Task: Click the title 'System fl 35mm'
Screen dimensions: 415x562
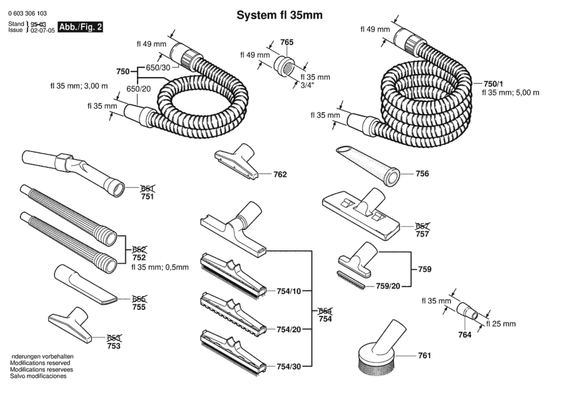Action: tap(279, 15)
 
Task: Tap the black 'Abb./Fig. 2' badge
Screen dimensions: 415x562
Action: tap(80, 27)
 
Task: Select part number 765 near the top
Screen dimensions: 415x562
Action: tap(287, 42)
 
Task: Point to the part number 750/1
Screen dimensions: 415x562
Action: tap(493, 84)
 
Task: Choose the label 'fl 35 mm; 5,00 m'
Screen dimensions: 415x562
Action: tap(510, 93)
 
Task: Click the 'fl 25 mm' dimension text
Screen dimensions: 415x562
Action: tap(501, 324)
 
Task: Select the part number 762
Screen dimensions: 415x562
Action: tap(280, 174)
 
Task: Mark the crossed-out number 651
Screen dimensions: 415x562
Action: tap(148, 189)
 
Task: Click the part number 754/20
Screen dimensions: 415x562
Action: tap(288, 330)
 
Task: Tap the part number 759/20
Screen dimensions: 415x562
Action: tap(388, 286)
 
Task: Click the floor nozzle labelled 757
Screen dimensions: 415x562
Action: tap(361, 214)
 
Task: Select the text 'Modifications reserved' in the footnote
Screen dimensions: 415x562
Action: tap(40, 363)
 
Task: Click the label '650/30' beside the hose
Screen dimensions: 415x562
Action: tap(158, 68)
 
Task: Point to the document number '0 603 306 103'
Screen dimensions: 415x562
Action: tap(27, 13)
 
